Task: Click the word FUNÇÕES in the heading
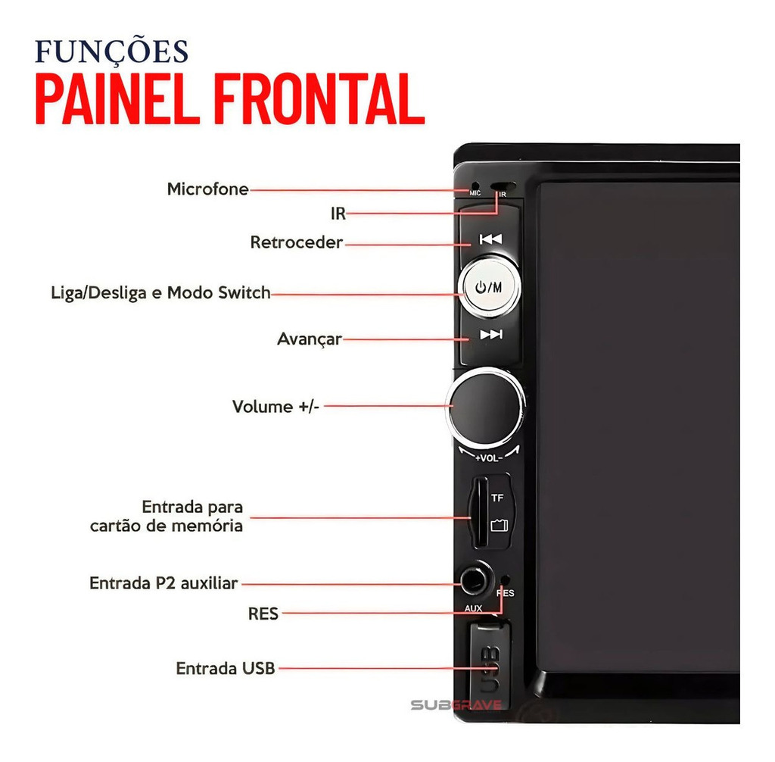click(112, 52)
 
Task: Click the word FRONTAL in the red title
click(319, 99)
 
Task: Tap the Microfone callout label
click(207, 189)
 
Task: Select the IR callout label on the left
click(338, 214)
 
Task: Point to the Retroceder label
click(297, 242)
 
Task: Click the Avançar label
click(310, 339)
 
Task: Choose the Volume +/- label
click(275, 407)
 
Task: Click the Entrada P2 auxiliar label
click(163, 583)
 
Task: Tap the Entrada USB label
click(226, 669)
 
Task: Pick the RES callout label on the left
click(263, 614)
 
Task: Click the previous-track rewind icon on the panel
click(490, 239)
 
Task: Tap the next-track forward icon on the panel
click(491, 335)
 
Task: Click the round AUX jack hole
click(474, 580)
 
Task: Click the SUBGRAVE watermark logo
click(456, 704)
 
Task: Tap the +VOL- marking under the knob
click(489, 458)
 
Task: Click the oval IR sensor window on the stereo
click(503, 186)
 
